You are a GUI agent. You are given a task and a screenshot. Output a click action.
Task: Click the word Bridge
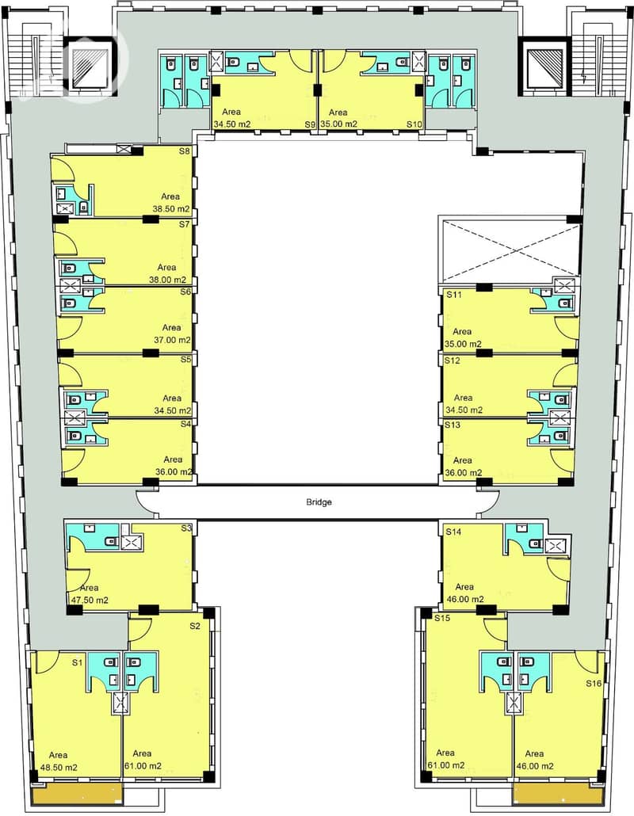[319, 502]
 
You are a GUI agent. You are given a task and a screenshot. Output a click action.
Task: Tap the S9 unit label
[310, 124]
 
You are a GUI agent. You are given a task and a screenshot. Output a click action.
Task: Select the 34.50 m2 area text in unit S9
[232, 124]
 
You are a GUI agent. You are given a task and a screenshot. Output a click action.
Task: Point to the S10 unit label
[414, 124]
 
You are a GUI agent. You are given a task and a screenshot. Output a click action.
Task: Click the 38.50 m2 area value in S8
[171, 209]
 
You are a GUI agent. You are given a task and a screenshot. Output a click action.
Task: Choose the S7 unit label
[185, 224]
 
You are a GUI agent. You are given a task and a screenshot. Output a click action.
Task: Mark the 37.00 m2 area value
[172, 341]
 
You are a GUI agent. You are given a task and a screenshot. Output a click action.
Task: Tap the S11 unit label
[454, 295]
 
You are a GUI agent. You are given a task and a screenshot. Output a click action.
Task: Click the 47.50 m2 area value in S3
[90, 600]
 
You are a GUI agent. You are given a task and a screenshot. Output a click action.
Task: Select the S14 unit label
[453, 532]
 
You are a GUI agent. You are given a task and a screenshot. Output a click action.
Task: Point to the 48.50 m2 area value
[59, 768]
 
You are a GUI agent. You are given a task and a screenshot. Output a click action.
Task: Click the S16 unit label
[594, 683]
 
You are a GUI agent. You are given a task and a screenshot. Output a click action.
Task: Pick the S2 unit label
[195, 626]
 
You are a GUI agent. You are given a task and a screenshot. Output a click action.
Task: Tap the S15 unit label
[442, 618]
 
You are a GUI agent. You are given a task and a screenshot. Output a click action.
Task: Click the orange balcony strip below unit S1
[77, 793]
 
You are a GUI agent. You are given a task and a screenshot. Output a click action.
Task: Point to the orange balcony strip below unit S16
[558, 793]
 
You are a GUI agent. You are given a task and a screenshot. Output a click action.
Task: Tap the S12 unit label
[453, 360]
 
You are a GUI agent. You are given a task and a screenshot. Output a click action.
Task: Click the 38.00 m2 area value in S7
[167, 280]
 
